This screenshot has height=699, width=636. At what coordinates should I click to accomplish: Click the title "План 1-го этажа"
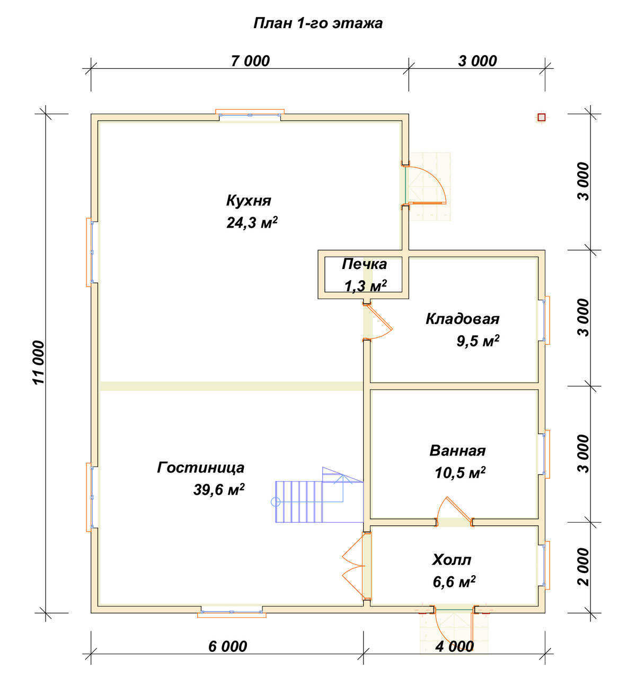click(317, 23)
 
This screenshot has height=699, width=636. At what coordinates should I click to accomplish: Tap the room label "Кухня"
click(249, 201)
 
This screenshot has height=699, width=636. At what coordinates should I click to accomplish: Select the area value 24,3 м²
click(252, 223)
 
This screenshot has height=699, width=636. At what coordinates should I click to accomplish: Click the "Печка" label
click(364, 264)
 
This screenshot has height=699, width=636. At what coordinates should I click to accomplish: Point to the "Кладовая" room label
click(462, 319)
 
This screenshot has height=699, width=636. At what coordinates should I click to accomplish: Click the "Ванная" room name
click(457, 451)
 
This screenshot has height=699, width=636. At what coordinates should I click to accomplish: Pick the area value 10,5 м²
click(460, 473)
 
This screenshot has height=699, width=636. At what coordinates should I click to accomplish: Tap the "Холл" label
click(452, 560)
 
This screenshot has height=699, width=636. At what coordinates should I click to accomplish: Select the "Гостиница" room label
click(201, 468)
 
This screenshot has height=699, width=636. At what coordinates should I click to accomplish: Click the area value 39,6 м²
click(218, 490)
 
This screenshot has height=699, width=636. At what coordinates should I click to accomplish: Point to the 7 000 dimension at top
click(250, 61)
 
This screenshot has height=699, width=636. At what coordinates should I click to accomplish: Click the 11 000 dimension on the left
click(39, 363)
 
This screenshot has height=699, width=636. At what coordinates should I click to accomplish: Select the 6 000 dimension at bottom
click(227, 647)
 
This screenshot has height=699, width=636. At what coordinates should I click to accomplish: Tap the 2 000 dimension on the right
click(583, 567)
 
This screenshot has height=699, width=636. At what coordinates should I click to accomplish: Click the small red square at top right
click(541, 118)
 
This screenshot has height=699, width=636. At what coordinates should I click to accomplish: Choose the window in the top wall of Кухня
click(250, 114)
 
